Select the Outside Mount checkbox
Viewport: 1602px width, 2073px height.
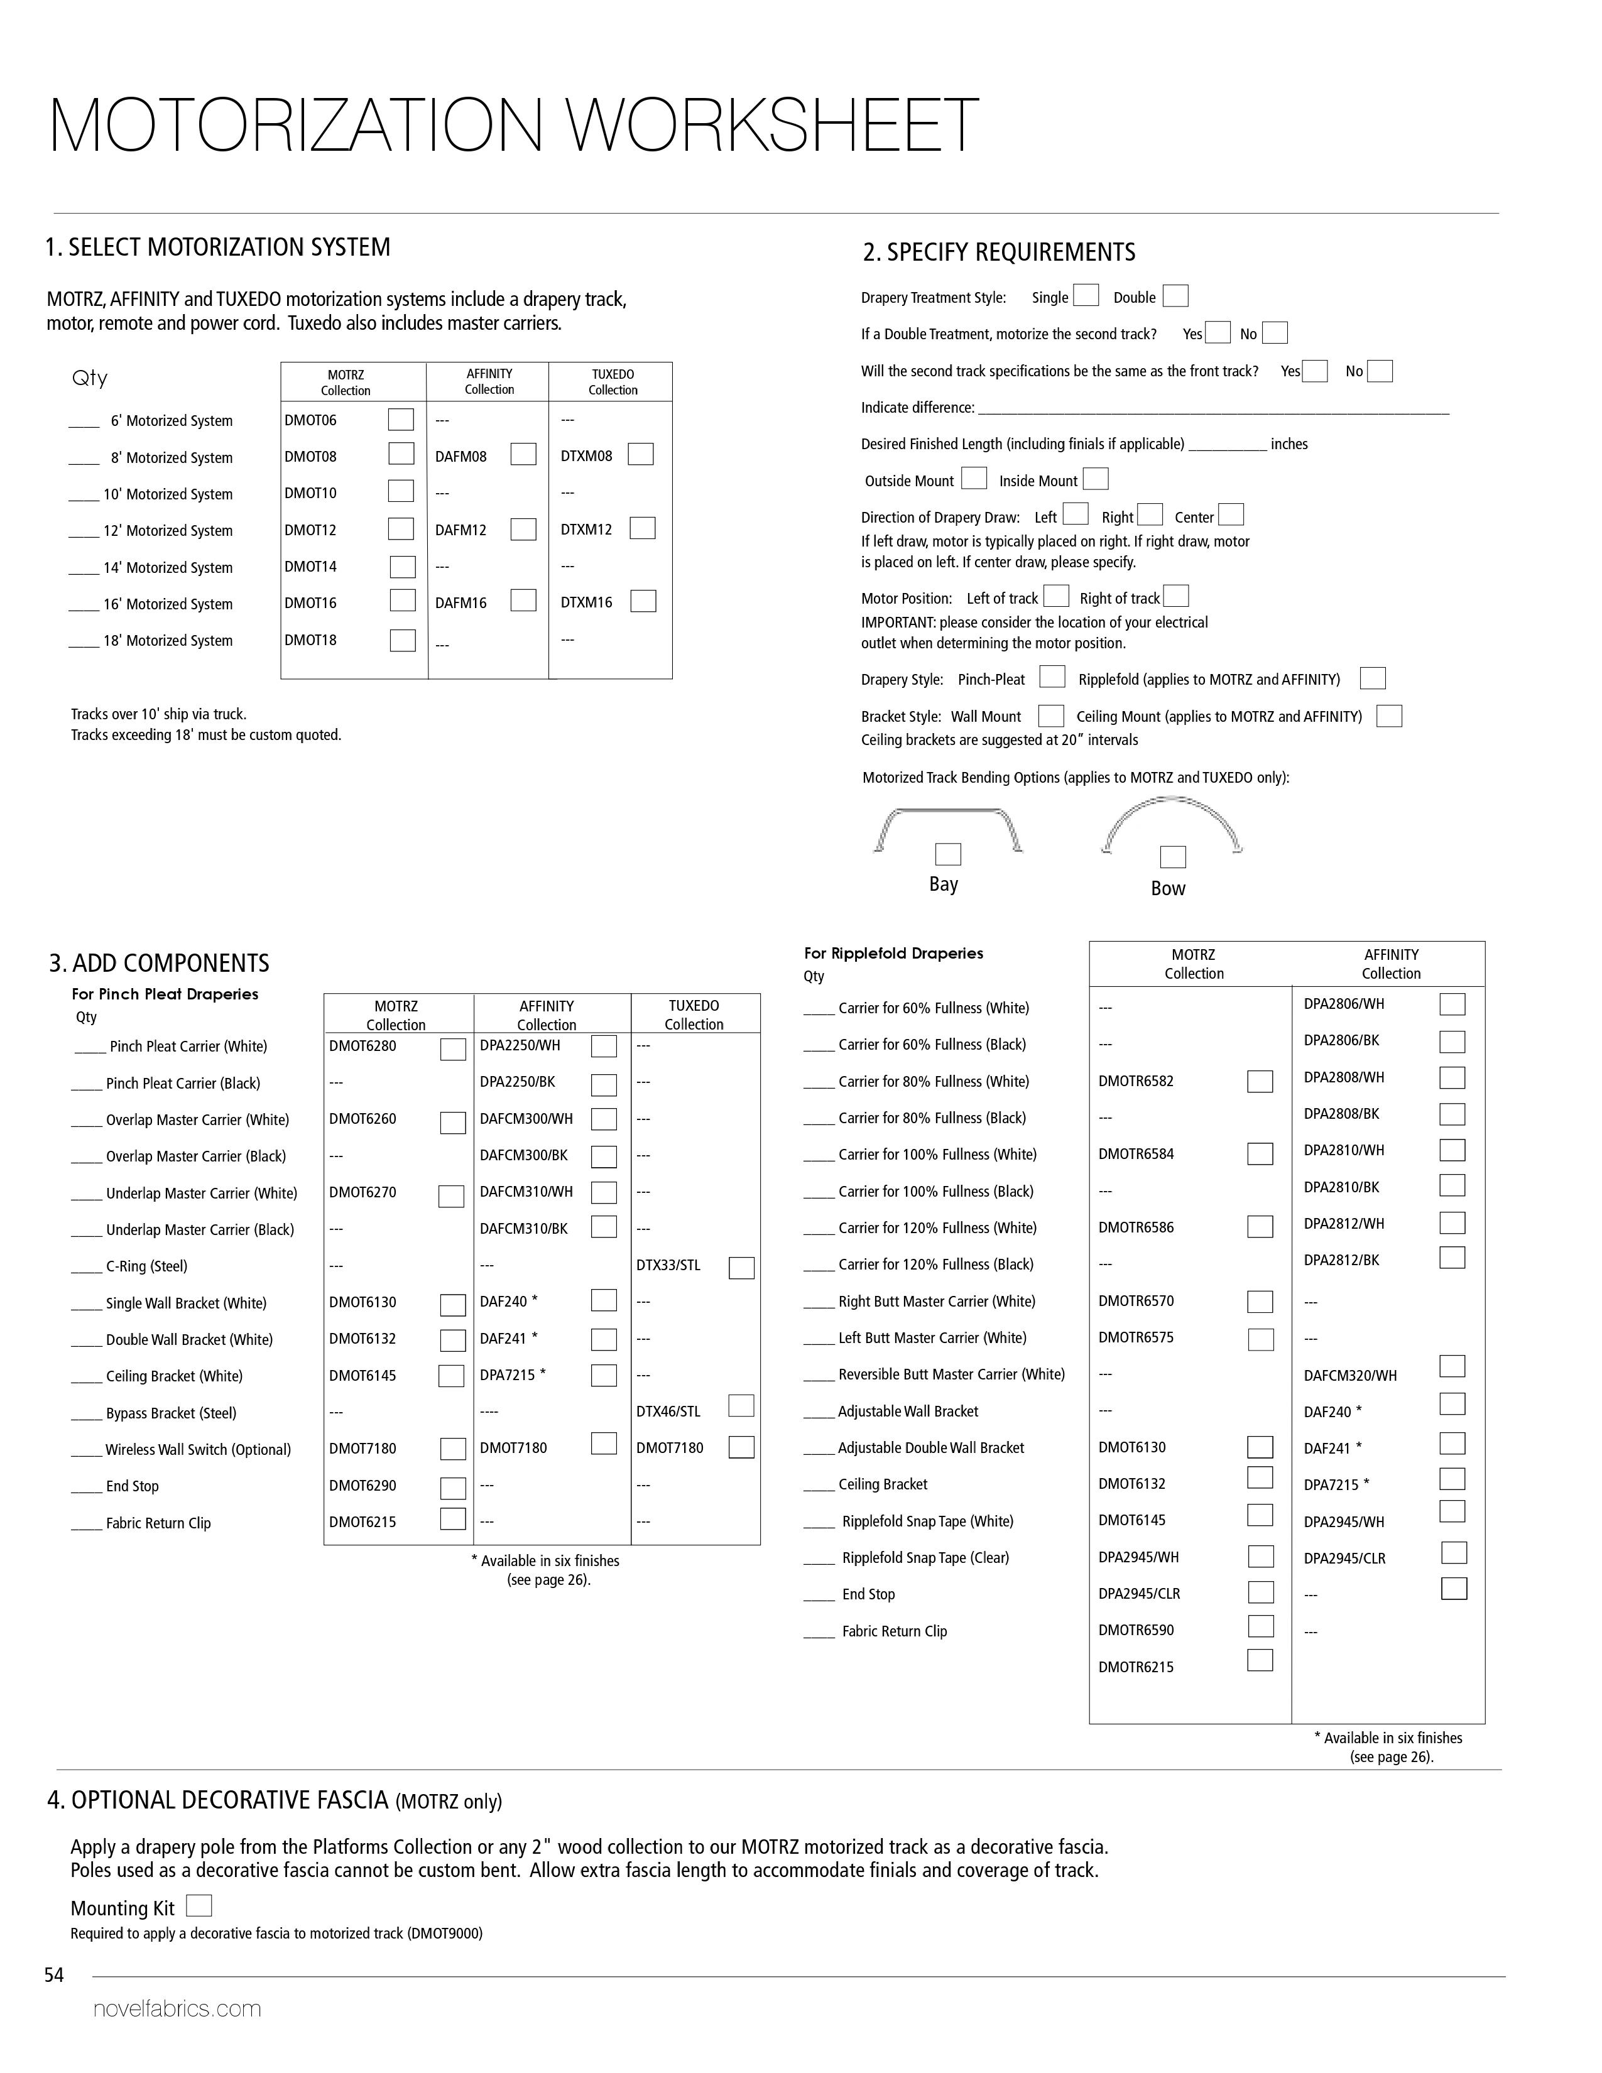(974, 479)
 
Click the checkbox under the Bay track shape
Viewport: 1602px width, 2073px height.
(947, 854)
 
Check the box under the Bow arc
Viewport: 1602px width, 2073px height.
(1173, 857)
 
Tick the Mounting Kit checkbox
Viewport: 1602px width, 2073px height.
(199, 1906)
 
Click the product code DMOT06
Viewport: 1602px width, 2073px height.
(310, 420)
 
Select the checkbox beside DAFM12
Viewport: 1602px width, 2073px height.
(523, 529)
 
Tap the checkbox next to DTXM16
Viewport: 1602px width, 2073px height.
(643, 601)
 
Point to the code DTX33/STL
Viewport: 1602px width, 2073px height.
(668, 1265)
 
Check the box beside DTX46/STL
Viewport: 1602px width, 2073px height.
(741, 1406)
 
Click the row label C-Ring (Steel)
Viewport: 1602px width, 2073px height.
(146, 1266)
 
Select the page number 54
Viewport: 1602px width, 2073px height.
(54, 1975)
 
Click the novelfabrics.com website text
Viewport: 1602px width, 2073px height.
(177, 2008)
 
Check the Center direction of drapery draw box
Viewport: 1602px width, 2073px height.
(1231, 514)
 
